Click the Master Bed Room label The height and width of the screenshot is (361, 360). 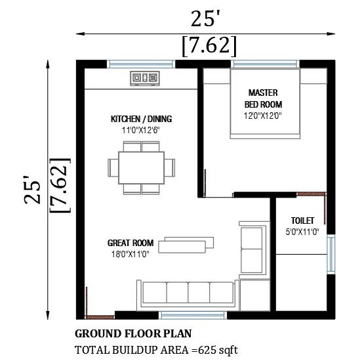coord(263,98)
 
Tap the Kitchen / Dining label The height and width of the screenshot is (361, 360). coord(141,119)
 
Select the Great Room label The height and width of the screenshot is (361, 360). coord(130,243)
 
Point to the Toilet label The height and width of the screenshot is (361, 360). coord(302,221)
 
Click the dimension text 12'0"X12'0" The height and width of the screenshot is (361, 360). coord(263,116)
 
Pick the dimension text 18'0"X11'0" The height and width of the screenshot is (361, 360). coord(130,255)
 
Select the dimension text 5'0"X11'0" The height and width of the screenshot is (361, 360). coord(302,232)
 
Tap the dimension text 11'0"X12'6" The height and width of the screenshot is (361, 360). coord(141,131)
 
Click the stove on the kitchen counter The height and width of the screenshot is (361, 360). coord(145,78)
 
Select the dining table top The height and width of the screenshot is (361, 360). coord(142,168)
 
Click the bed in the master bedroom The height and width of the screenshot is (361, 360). coord(265,104)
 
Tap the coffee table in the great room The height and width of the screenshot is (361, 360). coord(186,245)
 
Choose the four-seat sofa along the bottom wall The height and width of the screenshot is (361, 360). coord(188,295)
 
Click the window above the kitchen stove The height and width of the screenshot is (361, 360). coord(141,64)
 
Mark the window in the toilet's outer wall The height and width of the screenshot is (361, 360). coord(330,255)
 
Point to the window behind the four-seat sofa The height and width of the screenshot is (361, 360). coord(193,315)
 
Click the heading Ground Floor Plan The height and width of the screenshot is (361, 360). coord(133,333)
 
